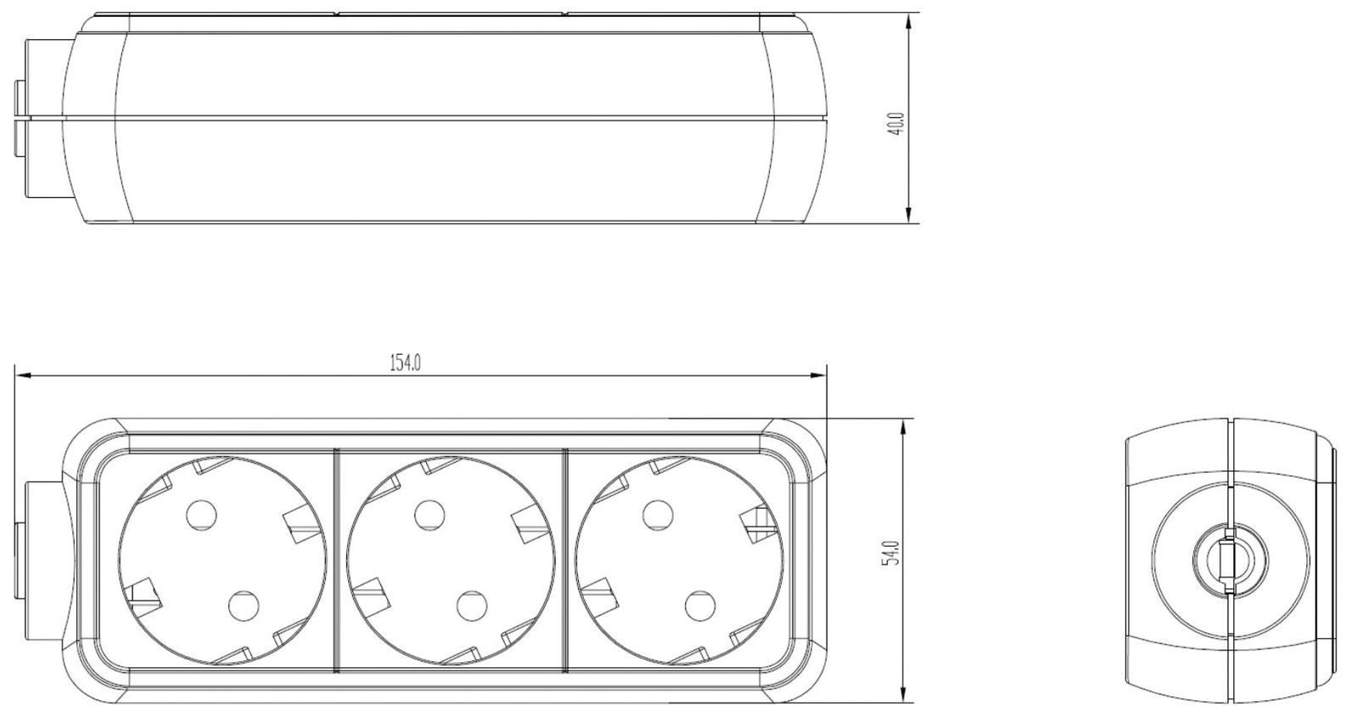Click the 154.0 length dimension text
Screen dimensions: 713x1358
[x=406, y=363]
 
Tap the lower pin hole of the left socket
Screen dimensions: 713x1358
[x=243, y=605]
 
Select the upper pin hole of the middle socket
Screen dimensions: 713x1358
[x=429, y=514]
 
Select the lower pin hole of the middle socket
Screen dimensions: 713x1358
[x=470, y=605]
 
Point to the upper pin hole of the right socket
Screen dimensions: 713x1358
[x=656, y=514]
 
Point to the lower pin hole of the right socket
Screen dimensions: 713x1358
[x=698, y=605]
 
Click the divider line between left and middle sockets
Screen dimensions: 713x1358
[x=336, y=560]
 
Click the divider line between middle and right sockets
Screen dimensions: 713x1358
[x=564, y=560]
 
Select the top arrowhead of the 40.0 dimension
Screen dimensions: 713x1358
[x=909, y=20]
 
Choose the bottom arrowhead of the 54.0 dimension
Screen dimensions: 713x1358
[x=901, y=699]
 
